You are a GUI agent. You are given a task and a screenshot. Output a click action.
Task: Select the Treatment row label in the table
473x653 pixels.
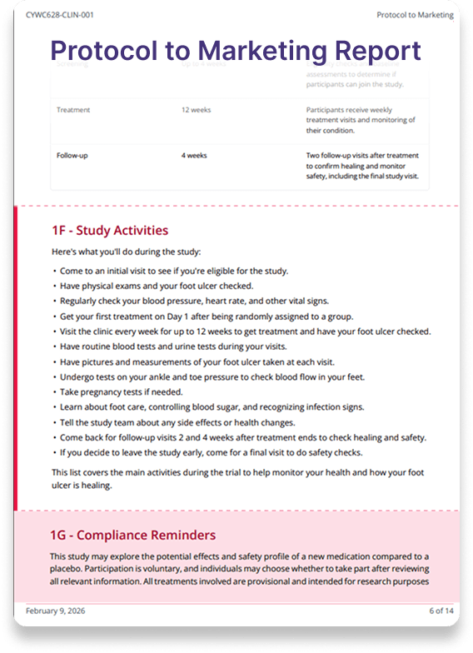[73, 110]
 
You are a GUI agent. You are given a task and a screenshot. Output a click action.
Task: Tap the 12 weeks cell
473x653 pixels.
[196, 110]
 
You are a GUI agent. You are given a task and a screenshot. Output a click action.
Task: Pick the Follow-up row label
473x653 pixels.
[73, 156]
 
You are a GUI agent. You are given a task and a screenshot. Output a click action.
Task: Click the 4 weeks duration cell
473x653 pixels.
[194, 156]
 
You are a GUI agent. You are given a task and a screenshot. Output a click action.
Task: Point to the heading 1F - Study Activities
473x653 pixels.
[110, 231]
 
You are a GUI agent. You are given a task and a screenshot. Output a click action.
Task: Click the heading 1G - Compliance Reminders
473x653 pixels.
[133, 535]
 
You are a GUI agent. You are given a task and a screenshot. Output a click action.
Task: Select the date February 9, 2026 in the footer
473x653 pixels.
[55, 611]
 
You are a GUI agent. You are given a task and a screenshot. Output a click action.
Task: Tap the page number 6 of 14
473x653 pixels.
[441, 611]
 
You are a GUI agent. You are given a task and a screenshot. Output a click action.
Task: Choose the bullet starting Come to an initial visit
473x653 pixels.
[173, 271]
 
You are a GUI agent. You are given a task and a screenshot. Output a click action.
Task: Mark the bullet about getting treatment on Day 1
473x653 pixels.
[207, 316]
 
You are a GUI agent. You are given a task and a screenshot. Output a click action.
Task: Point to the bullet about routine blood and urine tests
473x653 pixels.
[190, 346]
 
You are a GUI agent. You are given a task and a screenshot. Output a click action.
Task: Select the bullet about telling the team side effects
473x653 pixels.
[194, 422]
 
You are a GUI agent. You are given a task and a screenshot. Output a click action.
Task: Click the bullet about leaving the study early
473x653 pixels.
[211, 453]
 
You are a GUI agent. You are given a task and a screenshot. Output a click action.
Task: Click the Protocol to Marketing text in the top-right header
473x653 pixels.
[415, 15]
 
